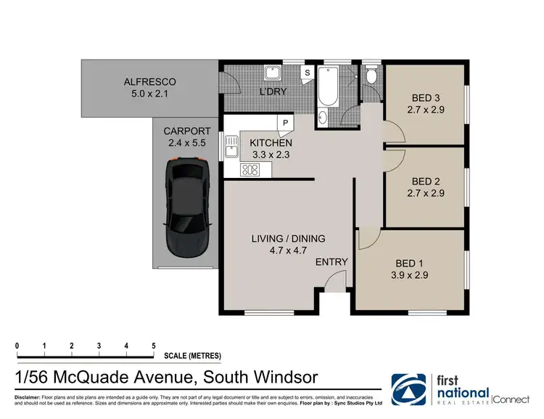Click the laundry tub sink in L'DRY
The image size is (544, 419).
pos(273,73)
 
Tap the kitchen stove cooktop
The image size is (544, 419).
pos(250,171)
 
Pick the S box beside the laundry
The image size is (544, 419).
pos(307,73)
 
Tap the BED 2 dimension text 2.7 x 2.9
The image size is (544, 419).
pos(427,193)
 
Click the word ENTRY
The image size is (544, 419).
pos(332,262)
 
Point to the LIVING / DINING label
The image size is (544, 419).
pos(288,238)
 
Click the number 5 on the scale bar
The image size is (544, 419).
pos(153,346)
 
